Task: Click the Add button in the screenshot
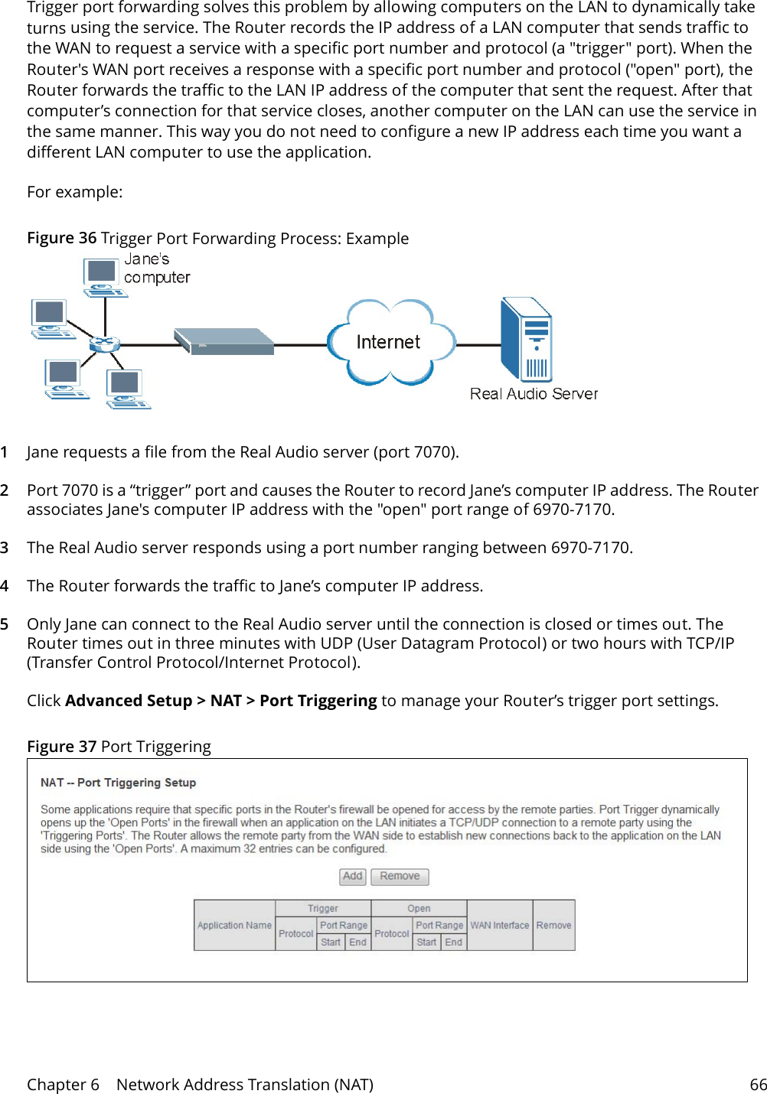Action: [x=352, y=876]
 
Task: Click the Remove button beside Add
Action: [x=400, y=876]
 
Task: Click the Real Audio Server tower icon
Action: [x=526, y=340]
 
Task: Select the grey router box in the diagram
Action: [x=224, y=341]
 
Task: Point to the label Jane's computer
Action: [x=156, y=269]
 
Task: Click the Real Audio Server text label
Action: [x=534, y=394]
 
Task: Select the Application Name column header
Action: [x=234, y=925]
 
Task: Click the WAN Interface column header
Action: [x=499, y=925]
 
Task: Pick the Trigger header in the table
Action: [x=322, y=908]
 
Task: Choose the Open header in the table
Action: [x=418, y=908]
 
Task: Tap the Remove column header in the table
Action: [x=553, y=925]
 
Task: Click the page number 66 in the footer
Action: [x=758, y=1084]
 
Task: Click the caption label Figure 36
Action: [x=61, y=238]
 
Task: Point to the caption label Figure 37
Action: [x=61, y=746]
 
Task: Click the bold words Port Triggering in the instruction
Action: [x=318, y=701]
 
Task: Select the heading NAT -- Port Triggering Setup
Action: [x=118, y=783]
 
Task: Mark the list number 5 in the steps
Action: [x=5, y=624]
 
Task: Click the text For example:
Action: [x=74, y=192]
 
